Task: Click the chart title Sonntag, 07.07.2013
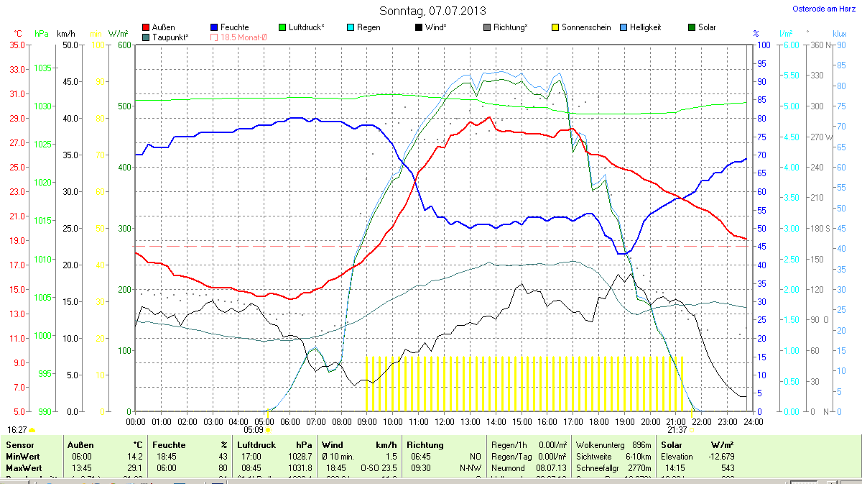(x=432, y=11)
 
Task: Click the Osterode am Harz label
(x=819, y=9)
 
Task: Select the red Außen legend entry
(x=159, y=27)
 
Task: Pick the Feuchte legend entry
(x=229, y=27)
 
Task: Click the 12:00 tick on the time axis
(x=444, y=421)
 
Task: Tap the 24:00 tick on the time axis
(x=749, y=421)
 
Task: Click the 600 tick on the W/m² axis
(x=123, y=45)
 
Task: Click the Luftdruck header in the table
(x=256, y=445)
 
